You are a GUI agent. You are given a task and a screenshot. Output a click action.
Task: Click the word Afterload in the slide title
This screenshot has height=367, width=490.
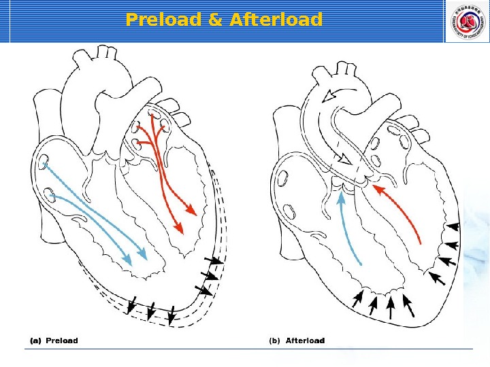pos(276,20)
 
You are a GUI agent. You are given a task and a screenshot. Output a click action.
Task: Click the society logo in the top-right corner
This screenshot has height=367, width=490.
pos(466,21)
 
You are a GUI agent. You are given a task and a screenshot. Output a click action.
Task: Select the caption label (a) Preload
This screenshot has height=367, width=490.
pos(53,340)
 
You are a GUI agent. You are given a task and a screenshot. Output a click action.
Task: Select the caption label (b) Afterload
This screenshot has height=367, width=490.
pos(297,340)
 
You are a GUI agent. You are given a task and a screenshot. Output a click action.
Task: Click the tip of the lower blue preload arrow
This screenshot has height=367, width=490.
pos(128,260)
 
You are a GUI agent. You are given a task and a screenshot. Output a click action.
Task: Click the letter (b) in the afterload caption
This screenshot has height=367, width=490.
pos(274,340)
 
